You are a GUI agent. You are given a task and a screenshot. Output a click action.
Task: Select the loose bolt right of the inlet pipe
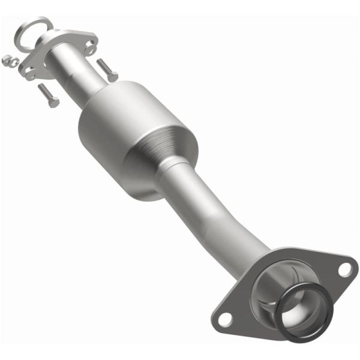click(107, 70)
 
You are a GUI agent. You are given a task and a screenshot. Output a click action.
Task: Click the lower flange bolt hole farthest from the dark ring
click(224, 318)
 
